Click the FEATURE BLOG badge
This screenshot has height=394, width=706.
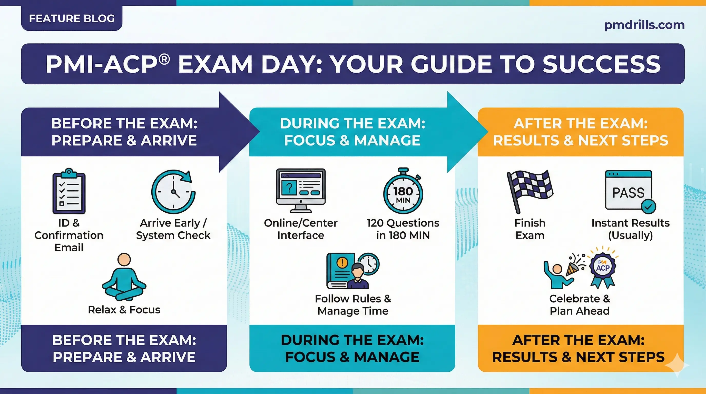(x=72, y=19)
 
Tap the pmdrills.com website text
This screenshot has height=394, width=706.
(x=644, y=25)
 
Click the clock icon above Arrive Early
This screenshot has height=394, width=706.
(x=173, y=192)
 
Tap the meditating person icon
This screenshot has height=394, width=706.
(x=124, y=277)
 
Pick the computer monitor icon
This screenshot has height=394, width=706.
(x=301, y=190)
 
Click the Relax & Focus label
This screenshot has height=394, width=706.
(x=124, y=310)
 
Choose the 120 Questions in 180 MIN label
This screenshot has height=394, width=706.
(x=403, y=229)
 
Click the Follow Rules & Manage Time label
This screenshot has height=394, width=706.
(x=353, y=305)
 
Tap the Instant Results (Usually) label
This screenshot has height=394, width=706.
(x=630, y=229)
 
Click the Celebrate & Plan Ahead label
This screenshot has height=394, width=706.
(x=579, y=305)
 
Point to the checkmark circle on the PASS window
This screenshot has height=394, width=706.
(x=649, y=207)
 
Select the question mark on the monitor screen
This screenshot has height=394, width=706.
(x=289, y=188)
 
